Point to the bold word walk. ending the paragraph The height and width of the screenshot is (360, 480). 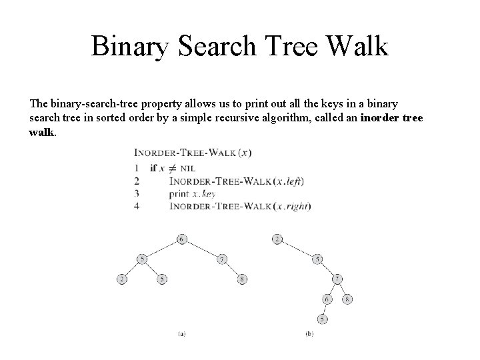43,132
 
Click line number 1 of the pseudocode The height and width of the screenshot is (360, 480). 137,167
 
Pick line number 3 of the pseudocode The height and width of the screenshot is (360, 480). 137,193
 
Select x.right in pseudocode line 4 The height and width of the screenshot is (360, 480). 293,206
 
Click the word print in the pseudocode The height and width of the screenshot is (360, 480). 180,193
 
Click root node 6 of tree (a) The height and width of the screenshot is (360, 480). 182,239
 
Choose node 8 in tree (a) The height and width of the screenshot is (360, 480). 243,279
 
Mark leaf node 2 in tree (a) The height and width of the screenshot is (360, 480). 121,279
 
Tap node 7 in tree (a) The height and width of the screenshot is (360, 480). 222,259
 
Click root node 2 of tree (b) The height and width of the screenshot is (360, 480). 277,239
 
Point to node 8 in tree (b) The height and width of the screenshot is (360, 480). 347,299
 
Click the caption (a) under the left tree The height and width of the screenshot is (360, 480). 182,333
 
